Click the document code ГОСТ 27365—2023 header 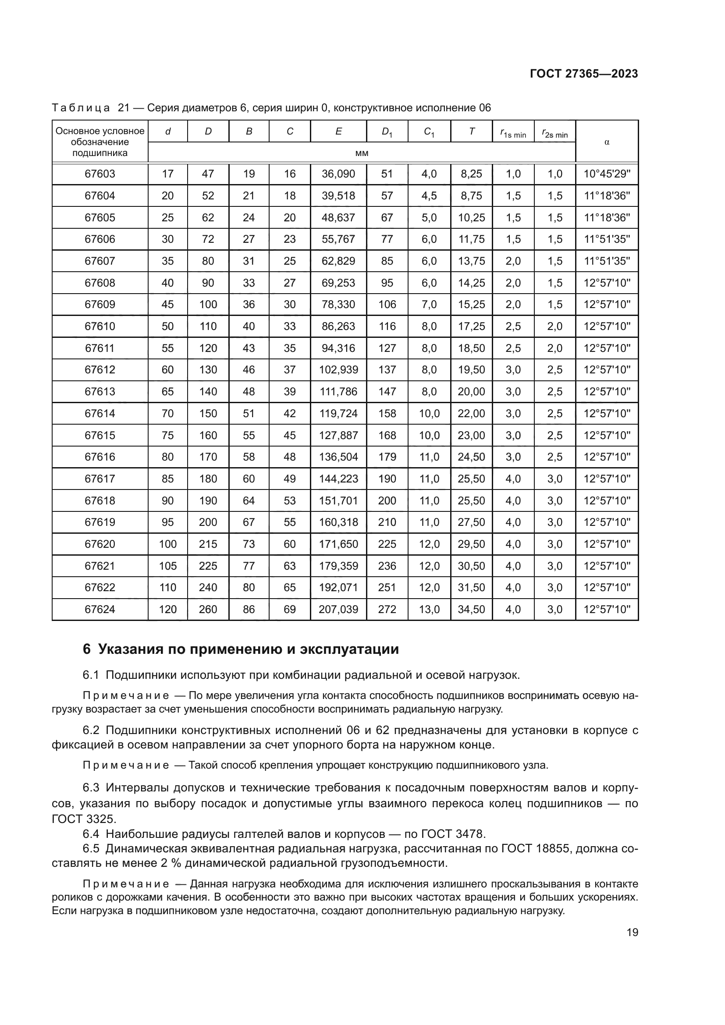583,74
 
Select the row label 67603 100,174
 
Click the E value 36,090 338,174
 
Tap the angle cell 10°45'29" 607,174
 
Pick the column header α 607,142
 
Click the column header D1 387,132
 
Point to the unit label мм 362,153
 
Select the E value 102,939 338,370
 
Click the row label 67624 100,610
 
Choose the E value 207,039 338,610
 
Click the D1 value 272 387,610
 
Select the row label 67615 100,435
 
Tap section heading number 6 87,649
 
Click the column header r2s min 554,133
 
